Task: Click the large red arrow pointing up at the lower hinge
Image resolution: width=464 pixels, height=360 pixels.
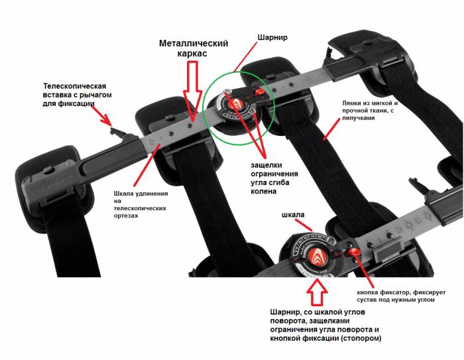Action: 317,289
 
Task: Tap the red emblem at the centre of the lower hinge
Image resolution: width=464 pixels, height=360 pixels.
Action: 318,250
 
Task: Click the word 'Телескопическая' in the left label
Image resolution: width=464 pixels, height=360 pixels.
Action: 74,86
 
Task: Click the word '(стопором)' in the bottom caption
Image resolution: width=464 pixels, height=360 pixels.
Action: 355,339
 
